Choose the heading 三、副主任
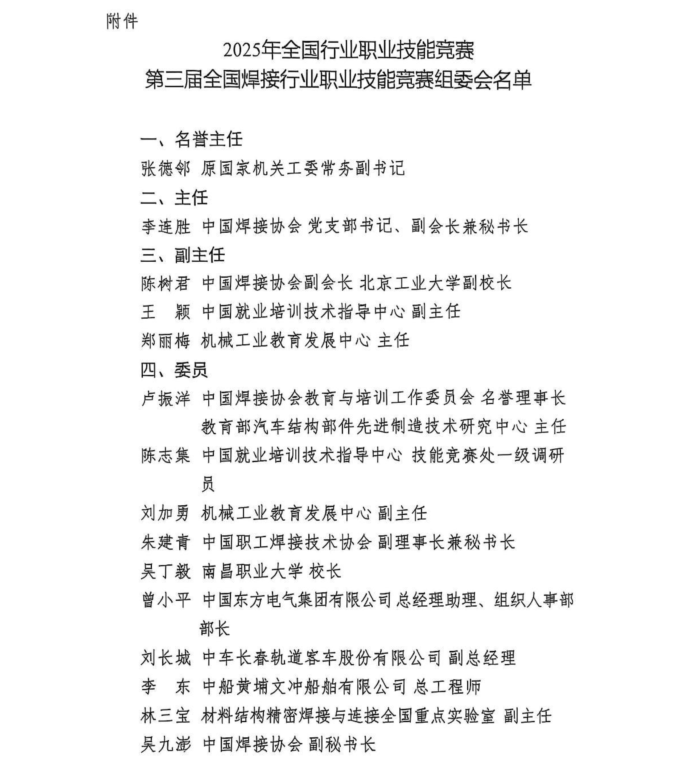(183, 255)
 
